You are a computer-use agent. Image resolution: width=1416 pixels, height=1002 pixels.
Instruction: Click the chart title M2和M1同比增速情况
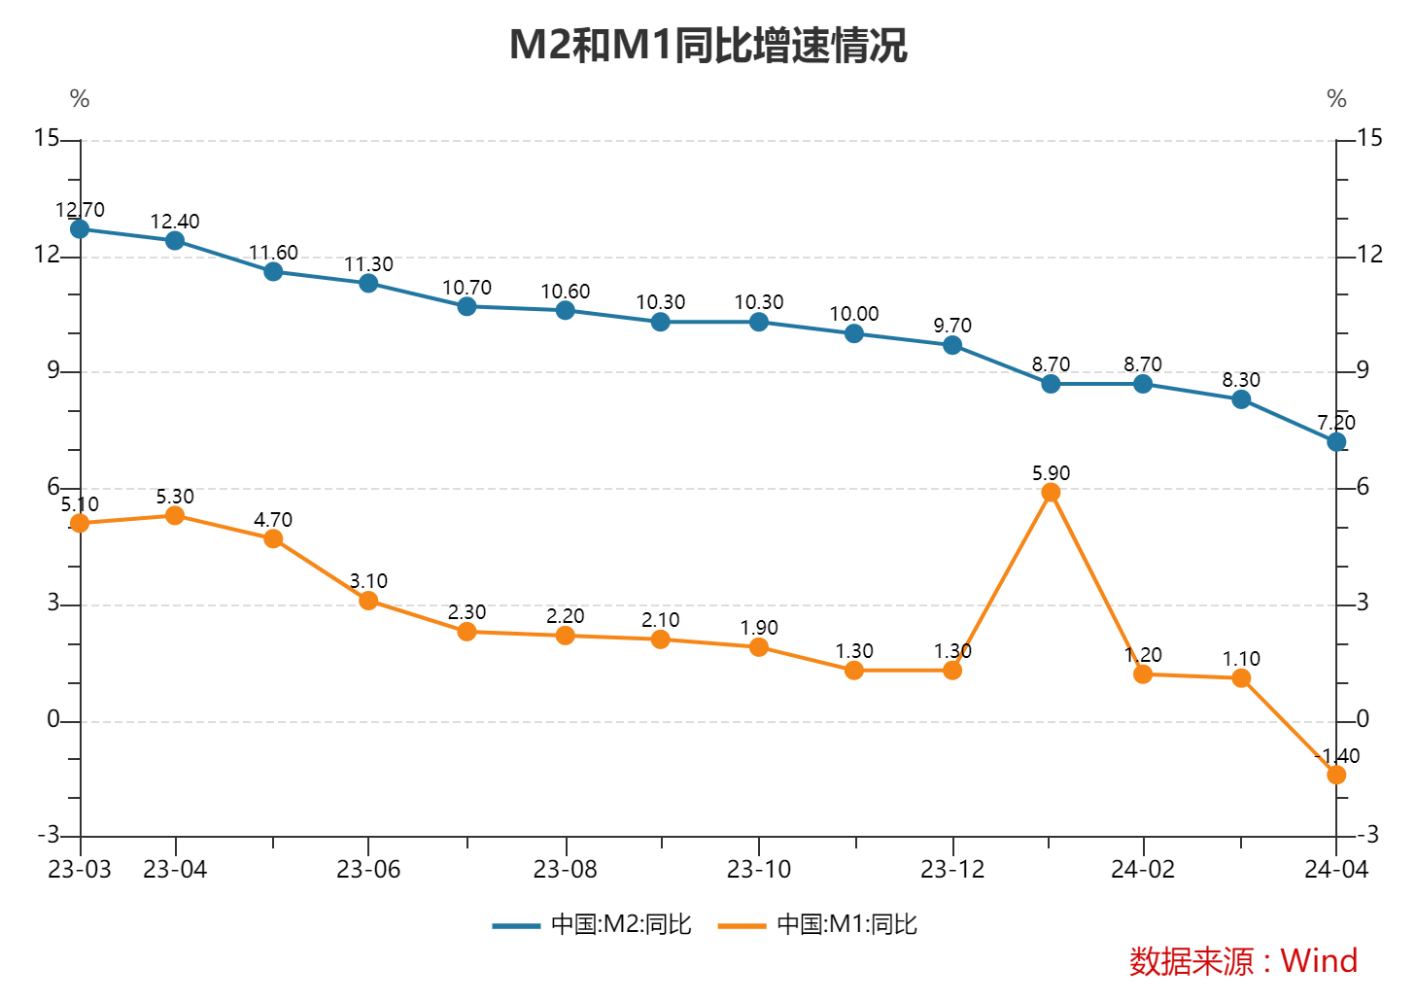[708, 46]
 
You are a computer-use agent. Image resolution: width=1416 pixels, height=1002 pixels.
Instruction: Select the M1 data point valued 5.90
[1051, 493]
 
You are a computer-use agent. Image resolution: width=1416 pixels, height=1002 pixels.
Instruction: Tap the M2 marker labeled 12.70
[80, 229]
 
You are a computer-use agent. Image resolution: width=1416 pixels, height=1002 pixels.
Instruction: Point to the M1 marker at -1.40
[1336, 775]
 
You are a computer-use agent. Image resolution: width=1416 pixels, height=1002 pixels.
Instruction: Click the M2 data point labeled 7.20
[1336, 442]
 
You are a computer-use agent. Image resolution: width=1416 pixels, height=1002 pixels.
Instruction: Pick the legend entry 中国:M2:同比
[593, 924]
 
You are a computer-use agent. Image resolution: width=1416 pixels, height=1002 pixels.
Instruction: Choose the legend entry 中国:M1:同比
[818, 924]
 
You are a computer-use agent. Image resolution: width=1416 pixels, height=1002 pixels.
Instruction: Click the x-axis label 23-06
[368, 870]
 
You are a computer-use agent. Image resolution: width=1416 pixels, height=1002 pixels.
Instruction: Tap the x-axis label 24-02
[1143, 870]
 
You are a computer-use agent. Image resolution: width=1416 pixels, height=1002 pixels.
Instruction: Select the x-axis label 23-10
[759, 870]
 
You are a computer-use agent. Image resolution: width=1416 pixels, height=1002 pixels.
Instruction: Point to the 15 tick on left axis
[47, 138]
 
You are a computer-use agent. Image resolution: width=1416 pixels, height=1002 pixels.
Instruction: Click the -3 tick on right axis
[1367, 835]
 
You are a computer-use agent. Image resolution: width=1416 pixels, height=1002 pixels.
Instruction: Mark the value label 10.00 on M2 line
[854, 314]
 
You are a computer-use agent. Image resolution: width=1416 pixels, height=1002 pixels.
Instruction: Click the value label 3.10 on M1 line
[368, 581]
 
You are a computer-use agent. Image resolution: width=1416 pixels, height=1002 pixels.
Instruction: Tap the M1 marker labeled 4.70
[273, 538]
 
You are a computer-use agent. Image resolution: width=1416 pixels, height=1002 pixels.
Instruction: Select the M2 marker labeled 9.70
[952, 345]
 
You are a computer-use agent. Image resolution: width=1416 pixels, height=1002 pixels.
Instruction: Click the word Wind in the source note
[1319, 960]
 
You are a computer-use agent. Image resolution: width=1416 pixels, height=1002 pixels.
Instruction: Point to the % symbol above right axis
[1336, 99]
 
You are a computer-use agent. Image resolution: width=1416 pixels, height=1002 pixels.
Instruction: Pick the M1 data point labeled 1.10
[1241, 678]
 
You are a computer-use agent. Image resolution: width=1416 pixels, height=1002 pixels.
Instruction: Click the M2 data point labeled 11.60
[273, 272]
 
